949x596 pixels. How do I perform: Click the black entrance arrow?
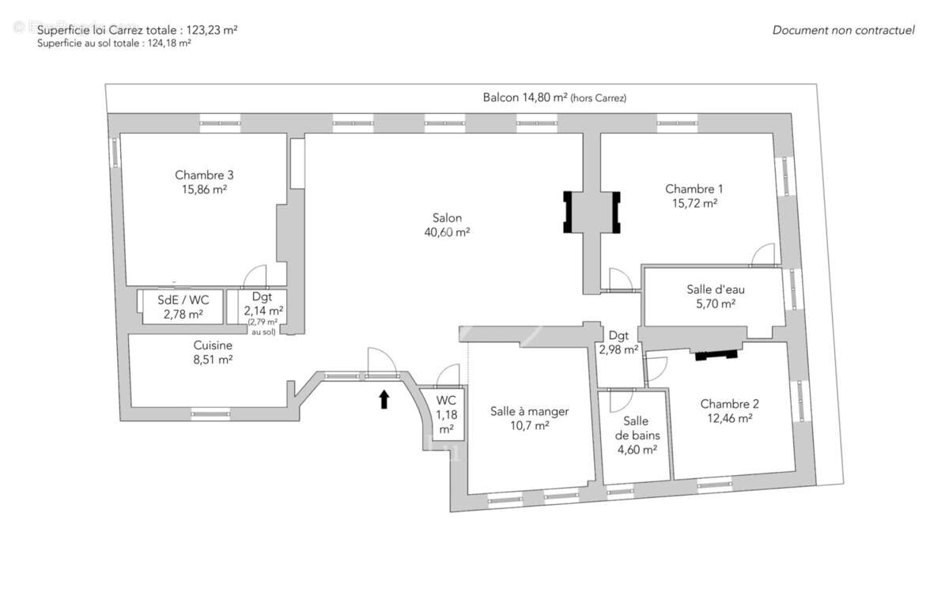tap(384, 399)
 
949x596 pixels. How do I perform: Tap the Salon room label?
tap(447, 218)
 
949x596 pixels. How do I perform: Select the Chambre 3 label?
tap(204, 175)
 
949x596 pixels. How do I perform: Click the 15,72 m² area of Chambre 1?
tap(694, 203)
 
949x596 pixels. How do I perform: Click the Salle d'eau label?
tap(715, 289)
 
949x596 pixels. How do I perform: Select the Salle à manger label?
tap(529, 411)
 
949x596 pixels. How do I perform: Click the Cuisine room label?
tap(213, 345)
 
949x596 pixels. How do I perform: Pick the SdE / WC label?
tap(183, 300)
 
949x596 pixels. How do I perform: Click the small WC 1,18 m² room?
tap(446, 414)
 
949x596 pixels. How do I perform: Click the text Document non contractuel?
tap(843, 30)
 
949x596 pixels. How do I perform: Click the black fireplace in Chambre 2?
tap(716, 353)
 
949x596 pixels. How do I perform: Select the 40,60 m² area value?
tap(447, 232)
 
